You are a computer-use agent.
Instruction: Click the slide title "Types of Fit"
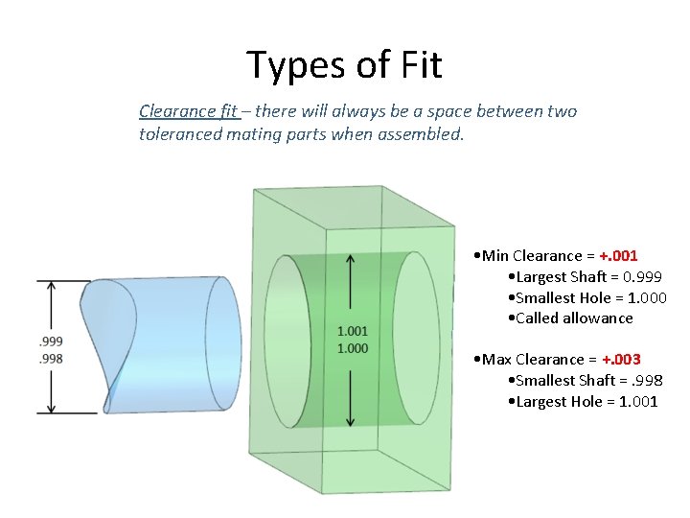(x=344, y=65)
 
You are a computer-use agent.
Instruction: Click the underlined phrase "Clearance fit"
(x=188, y=111)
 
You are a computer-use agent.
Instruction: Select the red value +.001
(x=617, y=255)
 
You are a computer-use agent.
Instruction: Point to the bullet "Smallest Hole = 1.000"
(x=586, y=297)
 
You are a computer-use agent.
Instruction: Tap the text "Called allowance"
(x=573, y=318)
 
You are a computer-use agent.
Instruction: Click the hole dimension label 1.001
(x=352, y=331)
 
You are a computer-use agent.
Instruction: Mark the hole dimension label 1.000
(x=352, y=347)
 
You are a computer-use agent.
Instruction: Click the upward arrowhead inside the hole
(x=352, y=259)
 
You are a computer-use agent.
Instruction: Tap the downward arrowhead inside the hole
(x=352, y=421)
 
